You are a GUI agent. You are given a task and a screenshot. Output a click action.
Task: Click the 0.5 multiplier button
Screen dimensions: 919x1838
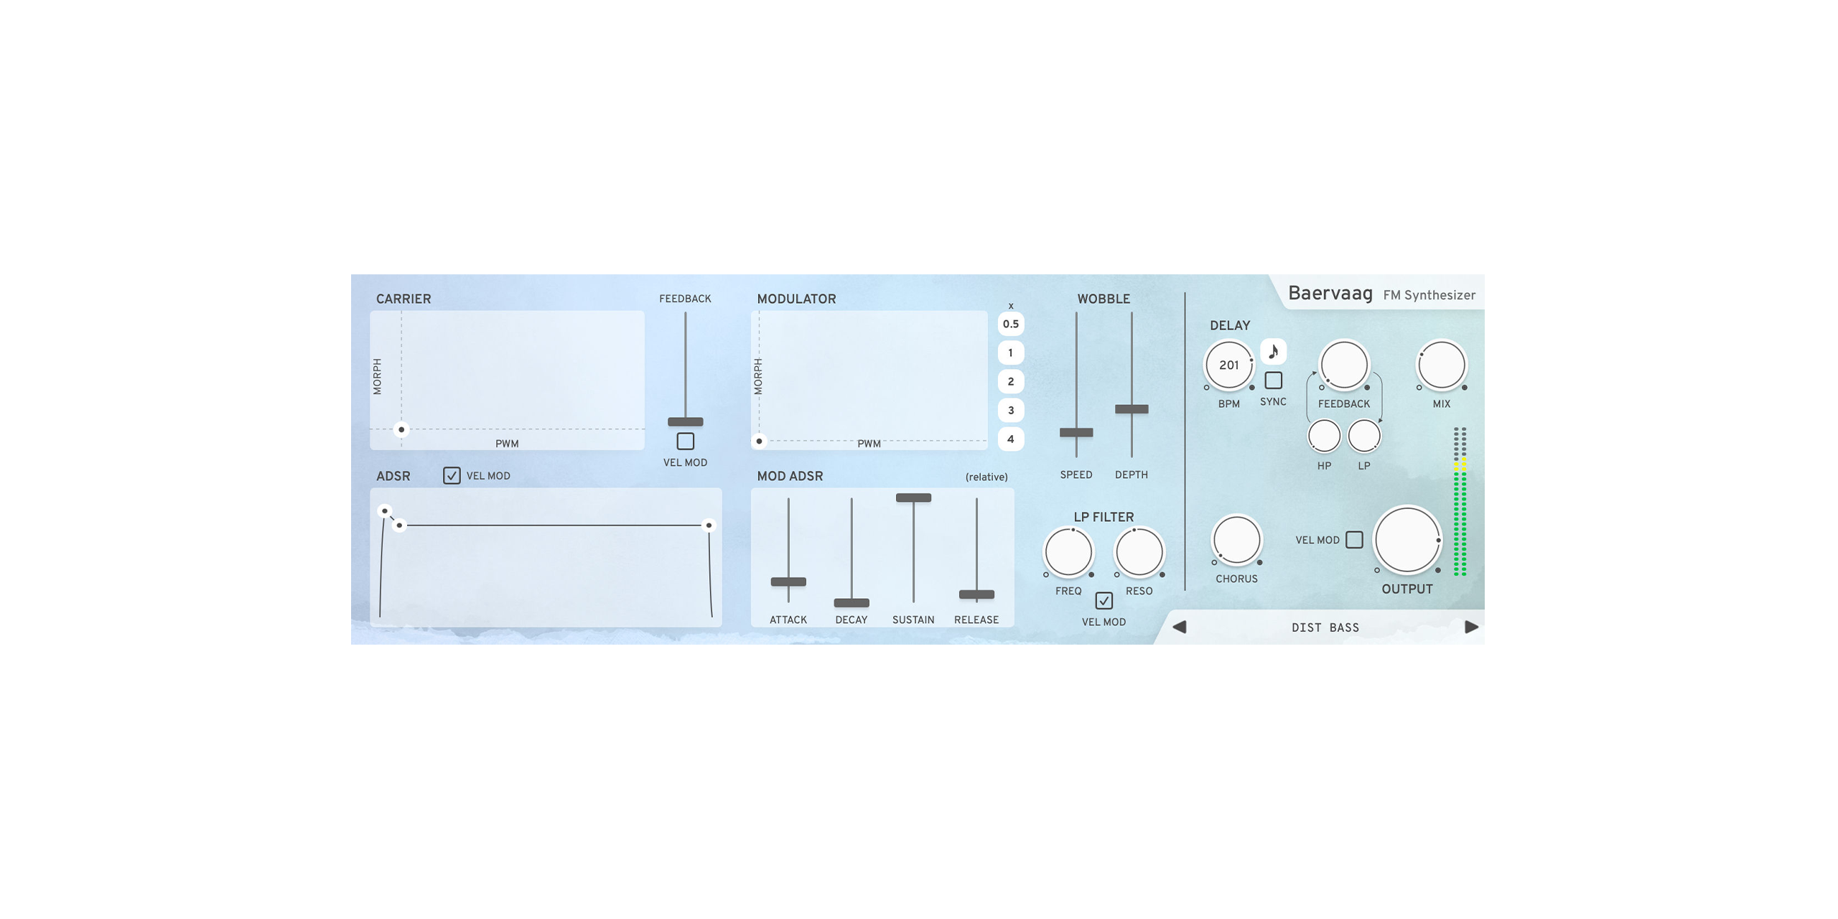pos(1010,324)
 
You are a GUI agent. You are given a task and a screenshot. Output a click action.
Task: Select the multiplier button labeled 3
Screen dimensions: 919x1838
pos(1010,410)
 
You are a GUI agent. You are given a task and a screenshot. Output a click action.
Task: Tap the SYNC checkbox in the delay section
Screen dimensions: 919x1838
pos(1273,380)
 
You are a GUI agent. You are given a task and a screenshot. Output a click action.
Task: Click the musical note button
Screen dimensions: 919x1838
pos(1273,352)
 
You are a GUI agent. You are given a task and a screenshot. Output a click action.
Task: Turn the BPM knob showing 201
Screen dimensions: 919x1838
pos(1228,365)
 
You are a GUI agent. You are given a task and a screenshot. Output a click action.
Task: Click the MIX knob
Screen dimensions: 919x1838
pos(1441,365)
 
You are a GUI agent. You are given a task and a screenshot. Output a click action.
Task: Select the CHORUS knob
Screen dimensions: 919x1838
pos(1236,540)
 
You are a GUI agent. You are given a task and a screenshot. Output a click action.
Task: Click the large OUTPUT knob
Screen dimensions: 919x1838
pos(1407,541)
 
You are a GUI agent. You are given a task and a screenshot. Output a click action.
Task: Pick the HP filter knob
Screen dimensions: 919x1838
pos(1324,436)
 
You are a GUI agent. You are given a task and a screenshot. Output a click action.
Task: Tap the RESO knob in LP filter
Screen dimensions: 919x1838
pos(1139,552)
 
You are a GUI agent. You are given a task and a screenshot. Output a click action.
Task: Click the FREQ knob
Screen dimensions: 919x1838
pos(1068,552)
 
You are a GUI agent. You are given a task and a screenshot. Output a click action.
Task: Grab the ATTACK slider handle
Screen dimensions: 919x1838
pos(788,582)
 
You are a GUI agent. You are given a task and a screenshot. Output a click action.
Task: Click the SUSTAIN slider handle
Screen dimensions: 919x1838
pos(913,498)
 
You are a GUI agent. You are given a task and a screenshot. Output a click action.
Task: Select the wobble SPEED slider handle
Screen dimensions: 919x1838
pos(1076,432)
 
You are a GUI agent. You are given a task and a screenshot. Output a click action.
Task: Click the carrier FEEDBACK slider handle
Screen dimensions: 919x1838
pos(685,421)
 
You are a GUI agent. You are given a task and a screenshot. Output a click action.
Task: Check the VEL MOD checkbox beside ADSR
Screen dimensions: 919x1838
pos(452,475)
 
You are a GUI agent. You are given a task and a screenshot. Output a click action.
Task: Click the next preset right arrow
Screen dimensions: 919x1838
pos(1471,627)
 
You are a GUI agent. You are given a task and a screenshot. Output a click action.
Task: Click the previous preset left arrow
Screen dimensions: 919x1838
pos(1179,627)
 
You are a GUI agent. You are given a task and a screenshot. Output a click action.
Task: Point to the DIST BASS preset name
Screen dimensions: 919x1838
pos(1325,628)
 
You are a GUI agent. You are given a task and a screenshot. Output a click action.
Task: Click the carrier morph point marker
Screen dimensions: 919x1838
pos(401,429)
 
